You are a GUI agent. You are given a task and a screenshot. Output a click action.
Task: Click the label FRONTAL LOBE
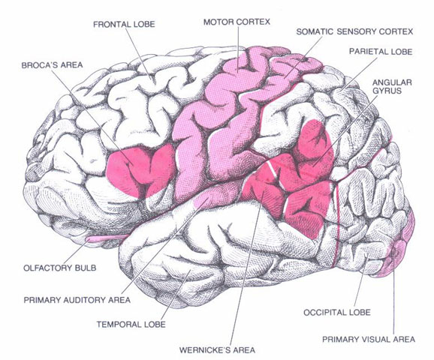tap(124, 24)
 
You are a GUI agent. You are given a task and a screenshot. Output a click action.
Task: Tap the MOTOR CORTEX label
tap(237, 22)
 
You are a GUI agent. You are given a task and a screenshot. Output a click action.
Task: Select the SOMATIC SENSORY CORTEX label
tap(354, 31)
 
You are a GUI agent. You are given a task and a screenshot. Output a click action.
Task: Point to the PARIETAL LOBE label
tap(381, 52)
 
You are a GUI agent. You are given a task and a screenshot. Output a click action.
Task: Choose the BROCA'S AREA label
tap(52, 65)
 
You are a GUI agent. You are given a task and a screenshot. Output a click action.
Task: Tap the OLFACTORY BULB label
tap(60, 268)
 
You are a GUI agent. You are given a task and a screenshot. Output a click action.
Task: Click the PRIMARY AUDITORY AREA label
tap(77, 300)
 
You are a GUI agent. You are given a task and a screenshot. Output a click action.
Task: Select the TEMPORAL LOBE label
tap(131, 324)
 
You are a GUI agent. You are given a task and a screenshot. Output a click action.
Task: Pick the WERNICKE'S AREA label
tap(217, 350)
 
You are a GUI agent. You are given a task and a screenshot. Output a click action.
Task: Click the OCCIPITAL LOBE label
tap(337, 313)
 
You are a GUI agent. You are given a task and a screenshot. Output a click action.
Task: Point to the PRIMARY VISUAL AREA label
tap(369, 339)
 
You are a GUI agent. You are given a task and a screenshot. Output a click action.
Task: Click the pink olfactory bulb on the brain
tap(107, 238)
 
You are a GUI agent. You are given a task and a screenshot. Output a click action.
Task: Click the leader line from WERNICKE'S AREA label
tap(247, 268)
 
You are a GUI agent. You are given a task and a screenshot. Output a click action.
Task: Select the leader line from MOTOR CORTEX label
tap(238, 50)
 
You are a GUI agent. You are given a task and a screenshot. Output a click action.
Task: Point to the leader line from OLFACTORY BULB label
tap(77, 251)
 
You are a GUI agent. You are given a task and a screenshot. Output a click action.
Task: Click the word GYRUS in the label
tap(387, 91)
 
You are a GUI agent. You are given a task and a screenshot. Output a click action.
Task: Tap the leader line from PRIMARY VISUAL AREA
tap(393, 291)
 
